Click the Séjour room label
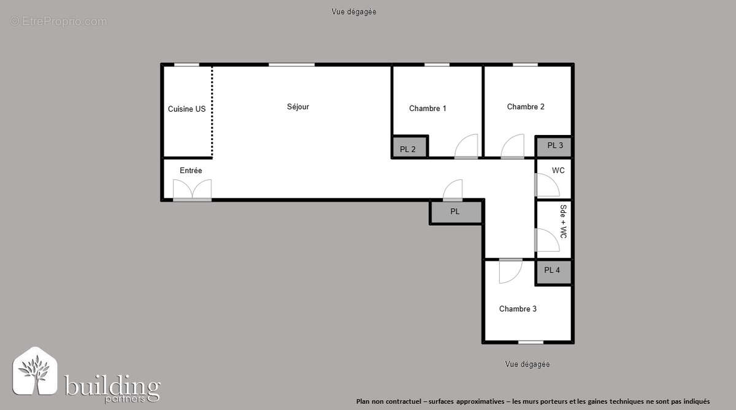point(298,107)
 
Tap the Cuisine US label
point(186,109)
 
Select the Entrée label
point(191,171)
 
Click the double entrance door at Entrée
point(192,190)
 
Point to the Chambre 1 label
point(427,109)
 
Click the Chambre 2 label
point(526,107)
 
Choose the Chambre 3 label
point(518,309)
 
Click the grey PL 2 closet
point(408,149)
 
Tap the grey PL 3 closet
point(555,146)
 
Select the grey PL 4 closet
point(552,270)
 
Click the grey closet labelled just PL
point(455,212)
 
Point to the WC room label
point(558,171)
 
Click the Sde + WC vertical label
point(563,222)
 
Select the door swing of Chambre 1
point(466,147)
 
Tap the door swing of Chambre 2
point(512,147)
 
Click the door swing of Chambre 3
point(510,271)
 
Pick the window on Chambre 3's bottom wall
point(531,342)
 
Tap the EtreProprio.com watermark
point(58,21)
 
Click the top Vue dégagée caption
point(353,12)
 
